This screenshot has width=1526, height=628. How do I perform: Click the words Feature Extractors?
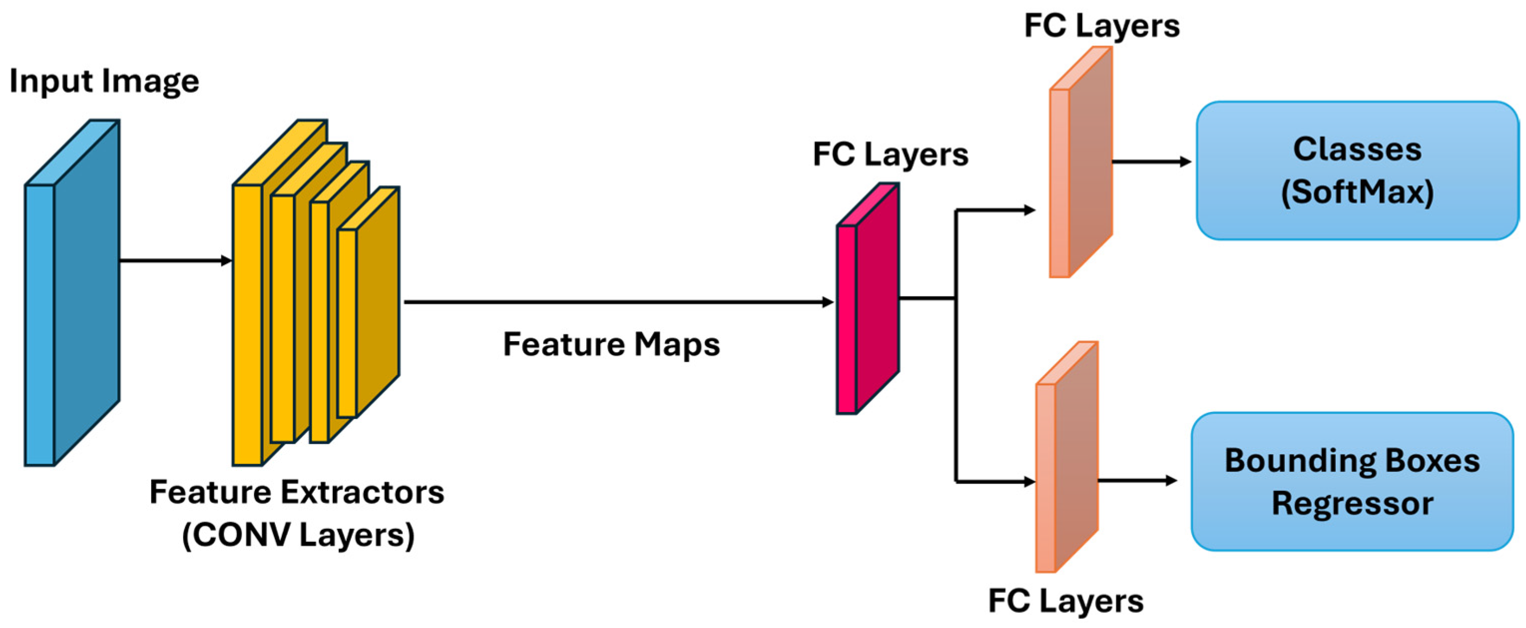click(296, 492)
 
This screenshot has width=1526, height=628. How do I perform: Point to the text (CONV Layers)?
click(298, 535)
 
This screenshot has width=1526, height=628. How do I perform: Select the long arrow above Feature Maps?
click(616, 302)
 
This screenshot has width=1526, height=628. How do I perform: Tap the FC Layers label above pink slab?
click(890, 154)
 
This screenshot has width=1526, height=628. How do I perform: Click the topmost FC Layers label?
click(1101, 26)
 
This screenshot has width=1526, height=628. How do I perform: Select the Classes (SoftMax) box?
click(1356, 171)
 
